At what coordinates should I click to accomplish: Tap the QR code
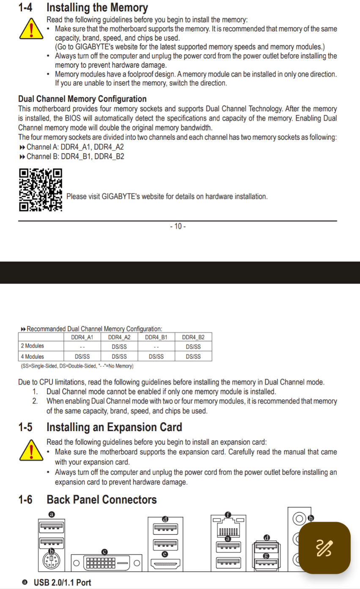(41, 190)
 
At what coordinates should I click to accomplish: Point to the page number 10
(178, 226)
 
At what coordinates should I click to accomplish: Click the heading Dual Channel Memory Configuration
(82, 99)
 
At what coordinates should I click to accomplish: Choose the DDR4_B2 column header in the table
(193, 337)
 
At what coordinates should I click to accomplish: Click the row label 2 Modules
(32, 346)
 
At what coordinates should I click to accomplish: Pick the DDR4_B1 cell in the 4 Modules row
(156, 356)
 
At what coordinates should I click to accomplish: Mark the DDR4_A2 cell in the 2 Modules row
(119, 347)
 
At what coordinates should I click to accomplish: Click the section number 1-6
(25, 500)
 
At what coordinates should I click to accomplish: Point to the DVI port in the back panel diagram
(105, 563)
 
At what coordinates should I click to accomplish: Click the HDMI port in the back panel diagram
(165, 563)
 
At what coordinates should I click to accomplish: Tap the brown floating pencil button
(324, 548)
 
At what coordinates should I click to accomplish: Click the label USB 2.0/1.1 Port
(62, 583)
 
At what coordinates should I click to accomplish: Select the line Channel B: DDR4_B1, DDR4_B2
(75, 157)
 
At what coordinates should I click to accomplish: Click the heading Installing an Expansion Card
(114, 427)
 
